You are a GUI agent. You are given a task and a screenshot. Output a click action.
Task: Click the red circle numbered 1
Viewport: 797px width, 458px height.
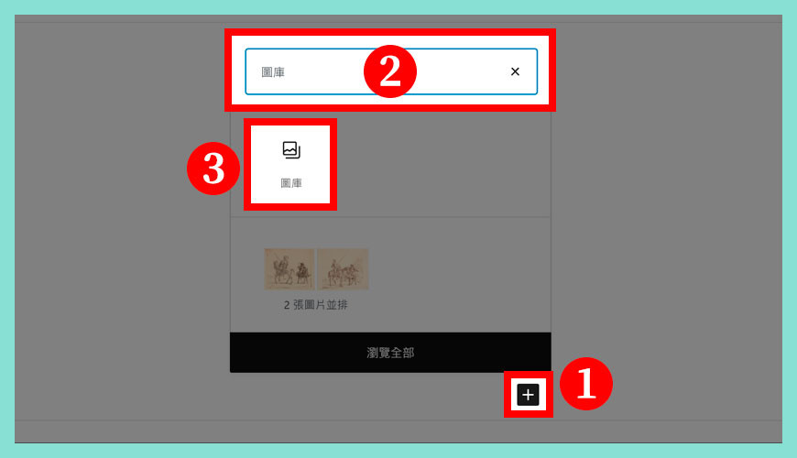click(x=586, y=384)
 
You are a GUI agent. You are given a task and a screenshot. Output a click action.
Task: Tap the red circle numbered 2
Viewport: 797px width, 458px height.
click(x=390, y=71)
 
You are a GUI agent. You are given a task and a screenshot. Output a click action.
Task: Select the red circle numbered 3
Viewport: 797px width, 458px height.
click(x=213, y=169)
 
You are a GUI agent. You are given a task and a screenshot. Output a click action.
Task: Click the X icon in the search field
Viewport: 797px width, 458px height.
click(x=515, y=71)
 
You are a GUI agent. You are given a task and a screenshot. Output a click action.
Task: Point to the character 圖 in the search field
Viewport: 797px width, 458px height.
click(x=267, y=72)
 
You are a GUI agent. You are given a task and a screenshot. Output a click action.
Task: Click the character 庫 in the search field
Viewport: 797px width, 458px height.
click(x=279, y=72)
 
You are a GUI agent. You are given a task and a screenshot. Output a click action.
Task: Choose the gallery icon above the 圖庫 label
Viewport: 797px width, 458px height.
click(x=291, y=150)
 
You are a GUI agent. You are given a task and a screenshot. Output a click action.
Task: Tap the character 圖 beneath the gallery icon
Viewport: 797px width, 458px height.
click(x=286, y=183)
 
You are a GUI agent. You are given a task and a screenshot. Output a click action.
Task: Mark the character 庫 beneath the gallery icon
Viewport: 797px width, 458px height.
click(x=297, y=183)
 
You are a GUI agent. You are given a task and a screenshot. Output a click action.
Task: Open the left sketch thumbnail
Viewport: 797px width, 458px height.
click(x=289, y=269)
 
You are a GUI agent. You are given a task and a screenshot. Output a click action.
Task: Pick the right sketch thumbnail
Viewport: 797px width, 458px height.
click(x=344, y=269)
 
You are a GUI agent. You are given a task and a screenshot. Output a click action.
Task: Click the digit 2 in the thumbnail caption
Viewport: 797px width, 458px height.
click(x=287, y=305)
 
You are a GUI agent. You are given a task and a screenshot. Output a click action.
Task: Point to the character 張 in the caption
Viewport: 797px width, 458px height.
click(x=299, y=305)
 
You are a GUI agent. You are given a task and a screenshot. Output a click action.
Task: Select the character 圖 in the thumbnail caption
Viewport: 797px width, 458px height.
click(x=310, y=305)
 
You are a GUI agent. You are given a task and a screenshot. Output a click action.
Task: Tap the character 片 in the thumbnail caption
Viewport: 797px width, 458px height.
click(x=321, y=305)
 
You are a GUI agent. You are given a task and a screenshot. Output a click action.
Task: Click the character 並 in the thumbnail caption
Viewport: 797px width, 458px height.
click(x=332, y=305)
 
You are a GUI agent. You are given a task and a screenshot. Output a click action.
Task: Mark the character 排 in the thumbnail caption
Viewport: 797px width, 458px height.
click(x=343, y=305)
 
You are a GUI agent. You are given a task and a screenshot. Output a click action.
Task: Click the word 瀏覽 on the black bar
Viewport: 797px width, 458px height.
click(x=378, y=353)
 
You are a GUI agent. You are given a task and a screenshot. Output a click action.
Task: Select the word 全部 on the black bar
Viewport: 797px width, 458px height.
click(x=402, y=353)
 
